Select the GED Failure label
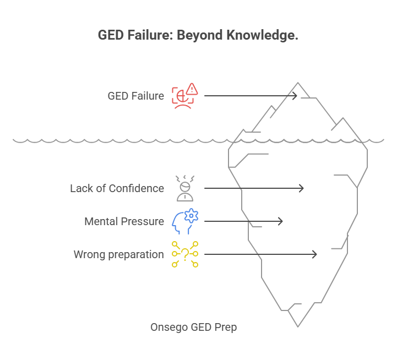tap(135, 96)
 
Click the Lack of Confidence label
tap(117, 188)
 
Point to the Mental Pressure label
tap(124, 221)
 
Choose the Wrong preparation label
tap(118, 254)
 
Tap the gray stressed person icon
tap(184, 188)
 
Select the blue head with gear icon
tap(184, 221)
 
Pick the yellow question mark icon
tap(184, 254)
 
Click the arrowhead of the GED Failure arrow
tap(295, 96)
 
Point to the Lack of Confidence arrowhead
tap(301, 188)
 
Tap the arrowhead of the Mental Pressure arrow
tap(280, 221)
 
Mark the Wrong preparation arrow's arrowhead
tap(314, 254)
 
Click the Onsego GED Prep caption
tap(193, 327)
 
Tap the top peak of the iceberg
tap(299, 85)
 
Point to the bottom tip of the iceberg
tap(298, 325)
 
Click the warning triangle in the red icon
tap(192, 89)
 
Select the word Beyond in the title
tap(201, 35)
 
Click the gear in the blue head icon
tap(191, 216)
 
